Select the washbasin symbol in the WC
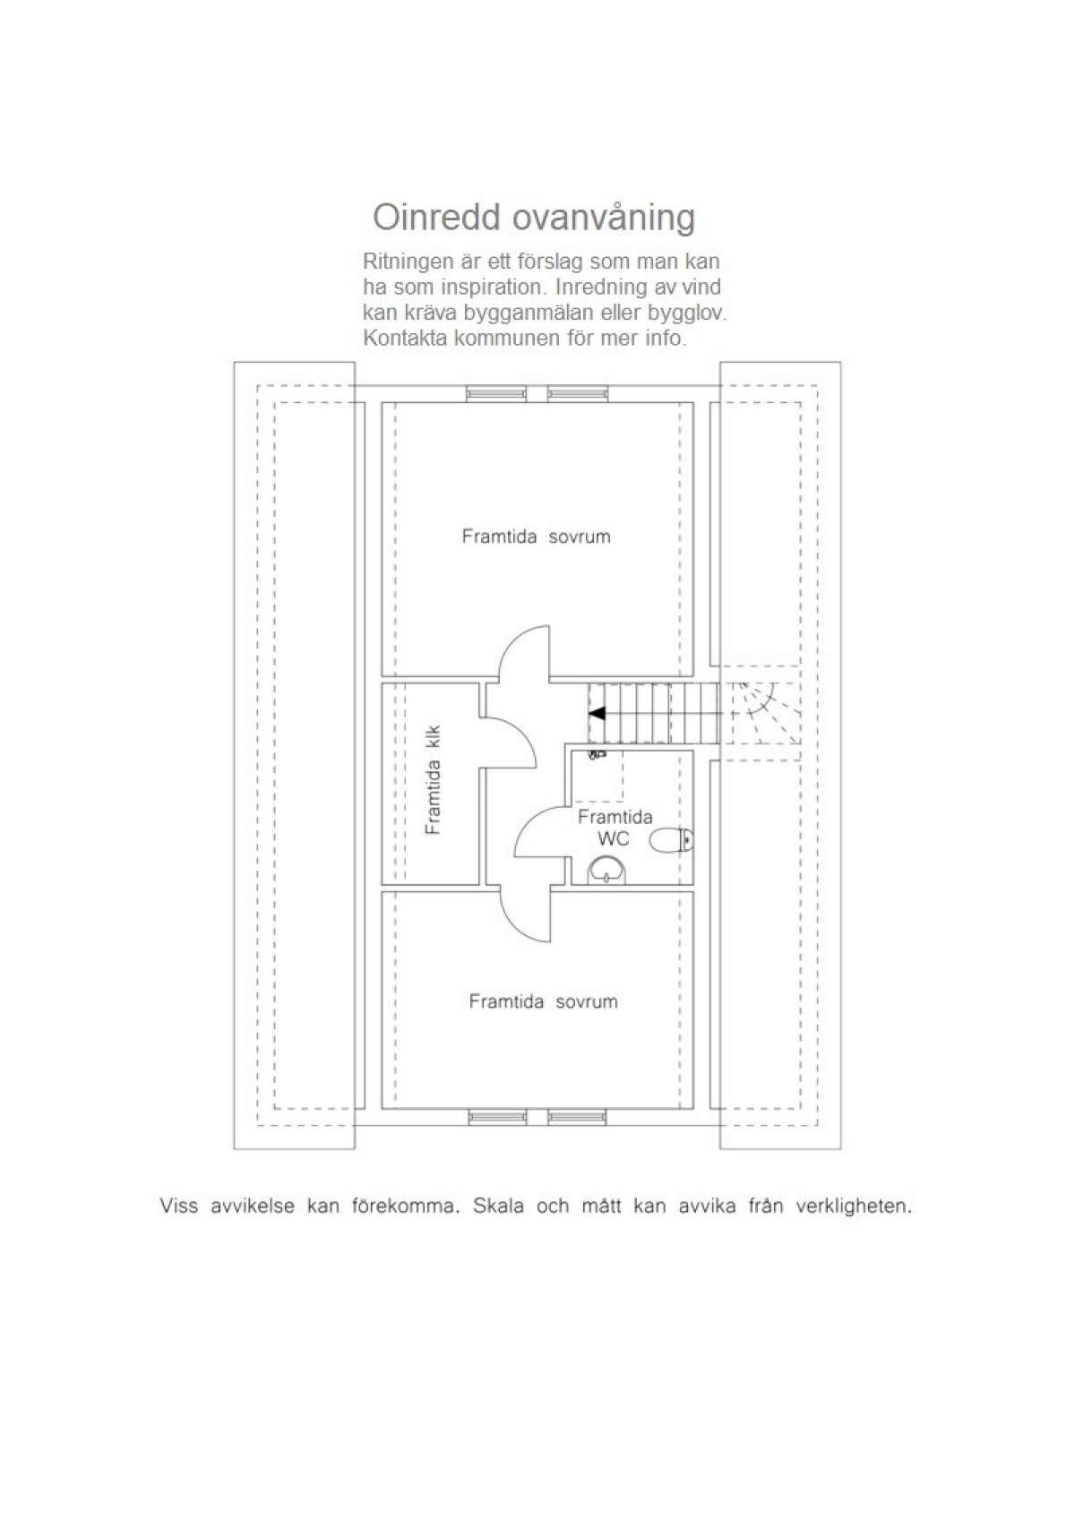pos(606,869)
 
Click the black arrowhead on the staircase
pos(597,713)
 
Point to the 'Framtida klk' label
pos(433,780)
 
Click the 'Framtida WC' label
pos(615,828)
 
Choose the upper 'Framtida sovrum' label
pos(536,537)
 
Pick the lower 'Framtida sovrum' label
pos(543,1001)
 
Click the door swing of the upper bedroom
pos(523,652)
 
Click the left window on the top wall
pos(496,393)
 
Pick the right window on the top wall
pos(578,393)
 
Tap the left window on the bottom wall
pos(497,1117)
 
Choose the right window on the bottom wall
pos(578,1117)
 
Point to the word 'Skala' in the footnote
pos(497,1207)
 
